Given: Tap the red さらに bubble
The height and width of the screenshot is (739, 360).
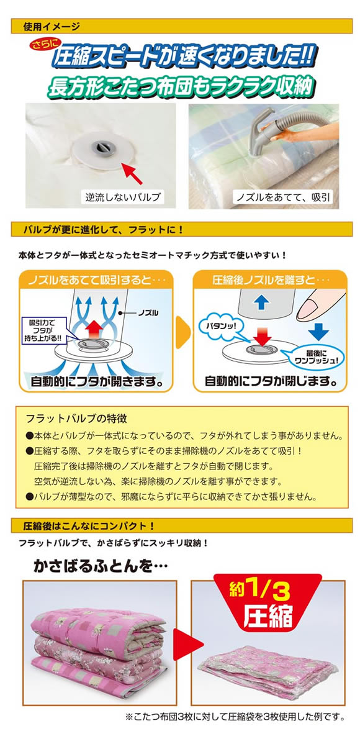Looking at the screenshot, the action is [43, 46].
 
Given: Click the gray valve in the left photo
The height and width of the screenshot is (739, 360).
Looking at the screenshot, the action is [100, 147].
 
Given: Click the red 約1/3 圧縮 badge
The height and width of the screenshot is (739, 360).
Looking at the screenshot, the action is [268, 603].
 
